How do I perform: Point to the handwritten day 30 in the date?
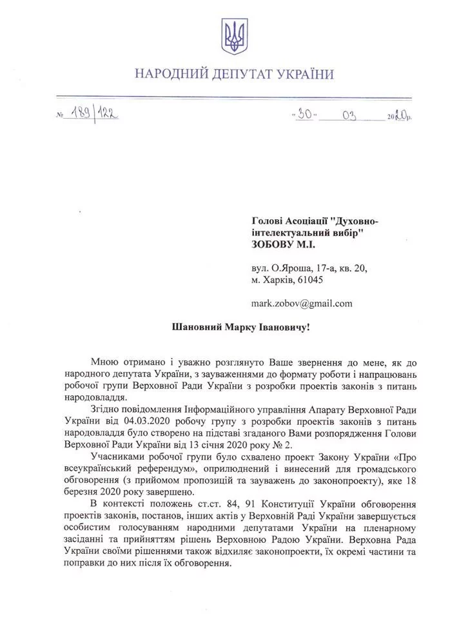tap(304, 115)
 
